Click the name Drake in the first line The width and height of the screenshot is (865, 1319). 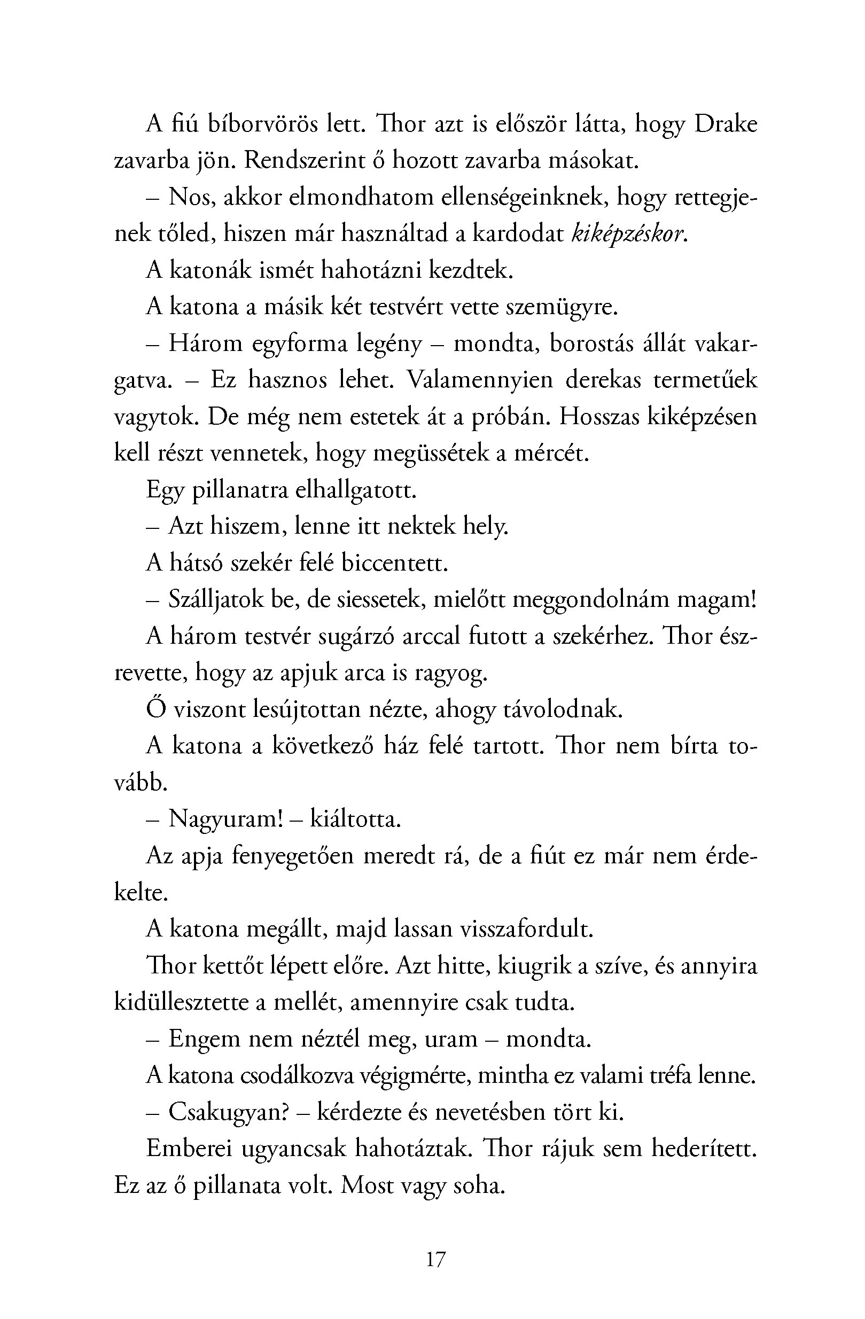click(726, 124)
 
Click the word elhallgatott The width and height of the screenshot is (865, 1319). click(355, 490)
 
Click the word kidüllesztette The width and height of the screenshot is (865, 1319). click(181, 1003)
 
